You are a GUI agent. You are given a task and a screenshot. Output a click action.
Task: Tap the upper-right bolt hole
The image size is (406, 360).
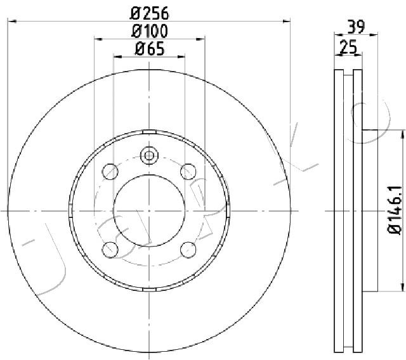[188, 172]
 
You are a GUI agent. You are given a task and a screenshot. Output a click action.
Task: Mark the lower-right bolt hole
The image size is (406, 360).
[188, 248]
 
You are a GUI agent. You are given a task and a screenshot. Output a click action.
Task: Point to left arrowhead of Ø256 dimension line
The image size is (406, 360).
[10, 22]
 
